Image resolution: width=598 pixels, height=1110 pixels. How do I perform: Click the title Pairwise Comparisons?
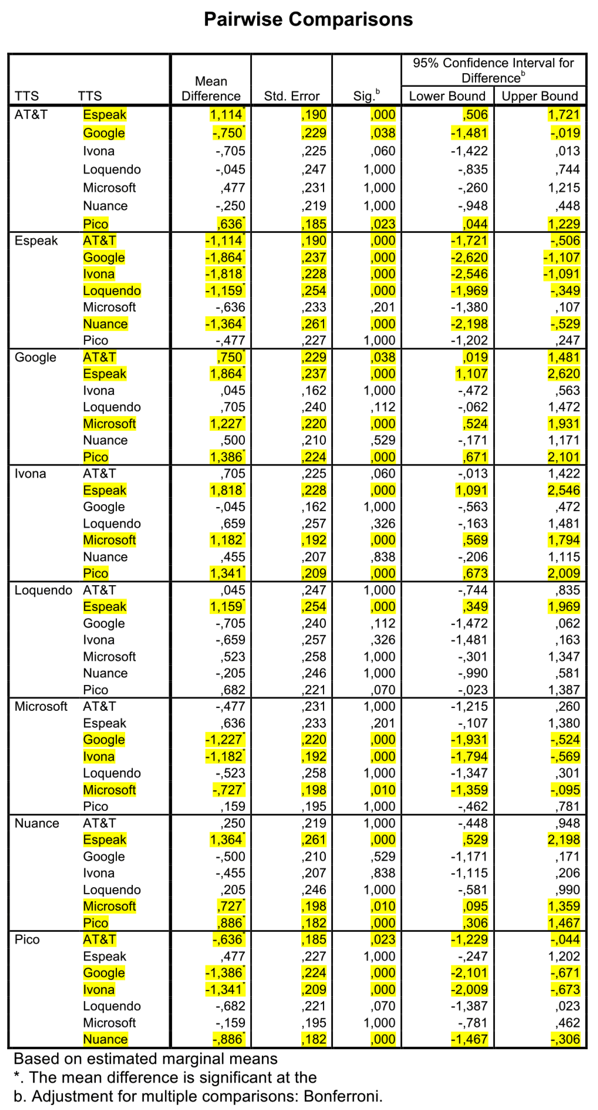pyautogui.click(x=308, y=19)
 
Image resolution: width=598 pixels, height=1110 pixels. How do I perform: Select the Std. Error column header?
pyautogui.click(x=291, y=96)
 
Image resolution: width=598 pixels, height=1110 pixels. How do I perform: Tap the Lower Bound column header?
pyautogui.click(x=447, y=96)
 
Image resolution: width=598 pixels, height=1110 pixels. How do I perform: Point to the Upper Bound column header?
pyautogui.click(x=540, y=96)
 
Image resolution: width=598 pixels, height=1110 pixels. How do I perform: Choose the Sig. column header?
pyautogui.click(x=366, y=96)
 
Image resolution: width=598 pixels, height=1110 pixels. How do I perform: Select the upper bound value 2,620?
pyautogui.click(x=563, y=374)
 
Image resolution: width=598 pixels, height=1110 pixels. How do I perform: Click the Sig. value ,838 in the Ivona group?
pyautogui.click(x=383, y=557)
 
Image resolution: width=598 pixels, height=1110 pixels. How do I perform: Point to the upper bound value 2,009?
pyautogui.click(x=563, y=573)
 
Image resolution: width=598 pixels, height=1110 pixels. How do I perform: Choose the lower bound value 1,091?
pyautogui.click(x=471, y=490)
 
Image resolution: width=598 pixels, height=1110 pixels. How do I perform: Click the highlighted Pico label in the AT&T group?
pyautogui.click(x=96, y=224)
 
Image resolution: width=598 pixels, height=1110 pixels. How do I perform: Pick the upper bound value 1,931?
pyautogui.click(x=563, y=424)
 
